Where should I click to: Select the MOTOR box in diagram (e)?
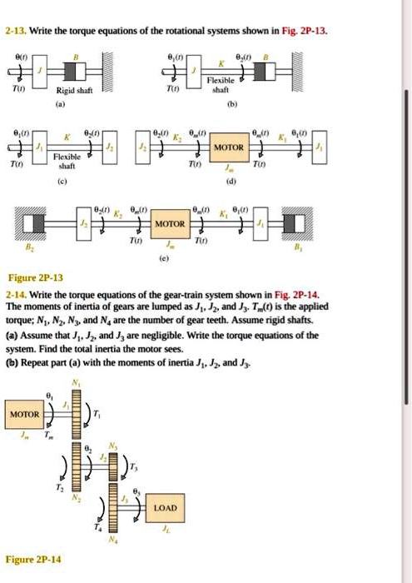tap(170, 225)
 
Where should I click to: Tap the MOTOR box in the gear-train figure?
tap(23, 414)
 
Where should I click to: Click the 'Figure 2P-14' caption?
tap(32, 560)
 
